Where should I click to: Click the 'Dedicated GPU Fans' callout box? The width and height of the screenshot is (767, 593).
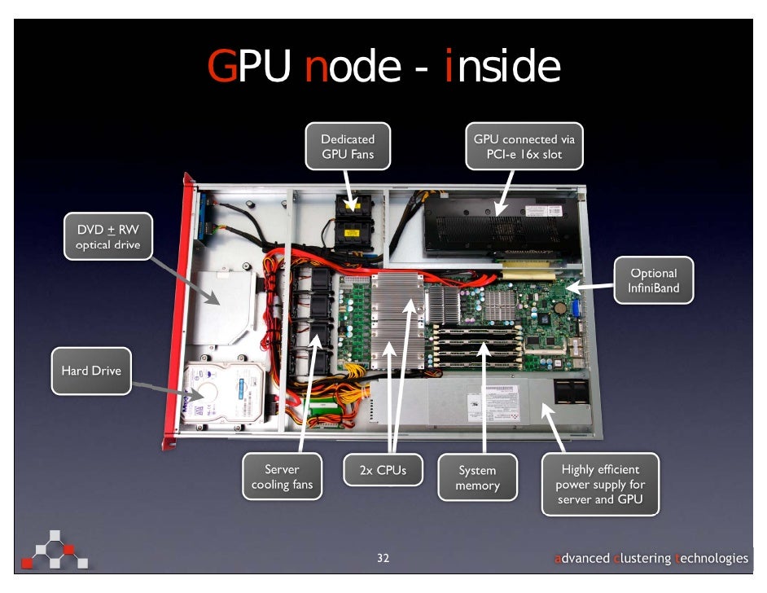(348, 147)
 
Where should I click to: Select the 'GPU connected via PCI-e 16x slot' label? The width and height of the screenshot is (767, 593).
(524, 147)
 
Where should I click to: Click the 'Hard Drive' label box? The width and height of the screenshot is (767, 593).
(91, 371)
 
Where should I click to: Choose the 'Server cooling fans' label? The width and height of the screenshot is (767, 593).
(282, 477)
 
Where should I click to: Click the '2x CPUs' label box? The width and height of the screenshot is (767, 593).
(382, 470)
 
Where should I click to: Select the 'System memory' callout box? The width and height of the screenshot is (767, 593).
(477, 477)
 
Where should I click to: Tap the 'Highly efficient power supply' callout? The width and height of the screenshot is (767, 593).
(600, 484)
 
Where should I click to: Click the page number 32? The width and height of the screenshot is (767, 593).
(383, 558)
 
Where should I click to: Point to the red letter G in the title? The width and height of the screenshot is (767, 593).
(221, 67)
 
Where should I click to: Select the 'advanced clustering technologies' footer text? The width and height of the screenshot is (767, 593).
(651, 558)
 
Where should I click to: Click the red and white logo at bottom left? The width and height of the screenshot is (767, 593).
(55, 551)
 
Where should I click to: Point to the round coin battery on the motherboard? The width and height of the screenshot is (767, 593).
(561, 309)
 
